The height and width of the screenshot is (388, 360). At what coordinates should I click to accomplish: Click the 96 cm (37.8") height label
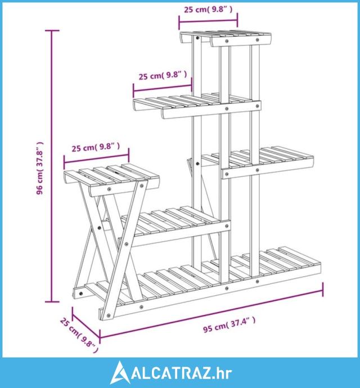[x=40, y=168]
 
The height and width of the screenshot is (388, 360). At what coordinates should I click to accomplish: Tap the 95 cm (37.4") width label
[x=229, y=325]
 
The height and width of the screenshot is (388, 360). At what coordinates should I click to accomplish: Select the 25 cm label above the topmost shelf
[x=208, y=10]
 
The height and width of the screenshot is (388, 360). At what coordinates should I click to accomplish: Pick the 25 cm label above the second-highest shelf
[x=163, y=75]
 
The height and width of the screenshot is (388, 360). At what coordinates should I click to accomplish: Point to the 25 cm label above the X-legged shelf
[x=96, y=147]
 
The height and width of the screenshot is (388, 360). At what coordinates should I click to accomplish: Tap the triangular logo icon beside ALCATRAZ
[x=120, y=372]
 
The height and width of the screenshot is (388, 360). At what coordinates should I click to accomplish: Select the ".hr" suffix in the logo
[x=222, y=373]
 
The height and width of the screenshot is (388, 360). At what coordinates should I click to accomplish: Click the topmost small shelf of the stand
[x=226, y=39]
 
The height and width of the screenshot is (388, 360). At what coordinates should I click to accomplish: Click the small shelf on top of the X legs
[x=111, y=179]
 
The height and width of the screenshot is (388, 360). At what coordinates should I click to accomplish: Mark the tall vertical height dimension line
[x=52, y=166]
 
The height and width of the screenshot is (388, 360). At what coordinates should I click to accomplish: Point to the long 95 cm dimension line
[x=211, y=314]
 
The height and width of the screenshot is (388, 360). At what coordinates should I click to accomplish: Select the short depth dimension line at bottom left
[x=86, y=323]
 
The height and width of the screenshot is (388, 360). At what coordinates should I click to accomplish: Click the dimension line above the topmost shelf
[x=208, y=21]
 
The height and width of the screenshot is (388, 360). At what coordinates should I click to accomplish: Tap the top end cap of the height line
[x=52, y=31]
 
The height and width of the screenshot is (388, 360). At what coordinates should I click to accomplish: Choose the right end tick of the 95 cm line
[x=323, y=290]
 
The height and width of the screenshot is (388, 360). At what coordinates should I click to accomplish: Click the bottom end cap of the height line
[x=52, y=302]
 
